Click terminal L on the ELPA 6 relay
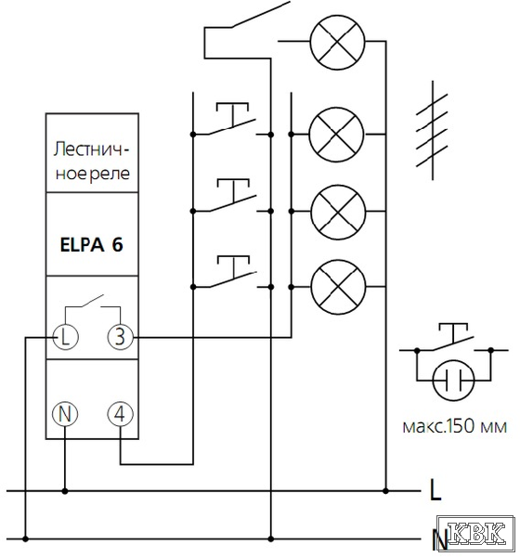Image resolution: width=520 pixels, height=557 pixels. click(x=65, y=337)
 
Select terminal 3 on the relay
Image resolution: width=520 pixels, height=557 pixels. click(x=121, y=337)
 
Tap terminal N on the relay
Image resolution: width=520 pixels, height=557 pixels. click(x=65, y=414)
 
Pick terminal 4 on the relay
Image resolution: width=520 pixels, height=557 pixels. click(x=121, y=414)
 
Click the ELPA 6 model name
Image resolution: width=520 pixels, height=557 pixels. click(x=92, y=245)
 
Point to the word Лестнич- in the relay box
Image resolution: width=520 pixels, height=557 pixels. click(x=91, y=149)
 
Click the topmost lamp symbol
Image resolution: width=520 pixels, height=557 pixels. click(x=337, y=43)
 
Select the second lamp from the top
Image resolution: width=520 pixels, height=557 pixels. click(x=336, y=135)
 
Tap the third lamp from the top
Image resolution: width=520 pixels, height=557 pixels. click(x=338, y=212)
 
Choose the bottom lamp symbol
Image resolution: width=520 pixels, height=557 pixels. click(x=338, y=287)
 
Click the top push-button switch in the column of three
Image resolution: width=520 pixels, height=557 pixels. click(x=232, y=120)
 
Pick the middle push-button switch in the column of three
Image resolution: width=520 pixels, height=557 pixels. click(x=232, y=196)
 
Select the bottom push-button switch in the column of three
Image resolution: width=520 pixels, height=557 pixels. click(x=232, y=272)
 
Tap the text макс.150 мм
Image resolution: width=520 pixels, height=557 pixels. click(x=455, y=426)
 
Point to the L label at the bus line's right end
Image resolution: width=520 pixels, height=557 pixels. click(x=435, y=490)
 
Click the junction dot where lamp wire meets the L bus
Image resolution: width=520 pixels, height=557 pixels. click(x=385, y=491)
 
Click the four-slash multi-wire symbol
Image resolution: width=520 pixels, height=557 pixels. click(x=432, y=130)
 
